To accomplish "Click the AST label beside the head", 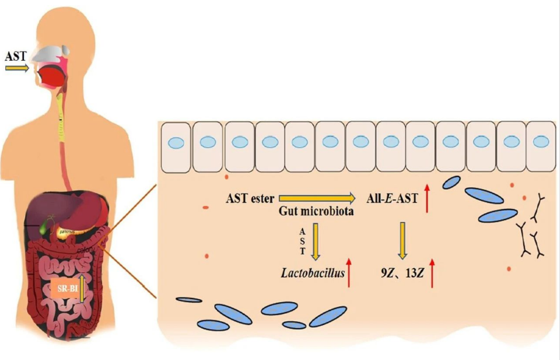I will tap(16, 56).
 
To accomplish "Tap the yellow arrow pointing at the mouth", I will tap(17, 68).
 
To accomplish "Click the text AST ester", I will tap(250, 198).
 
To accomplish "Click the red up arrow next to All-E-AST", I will tap(427, 198).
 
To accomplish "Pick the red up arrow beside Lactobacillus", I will tap(349, 272).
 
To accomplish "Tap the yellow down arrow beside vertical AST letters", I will tap(317, 241).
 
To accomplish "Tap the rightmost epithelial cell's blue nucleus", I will tap(541, 142).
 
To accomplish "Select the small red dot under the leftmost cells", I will tap(226, 175).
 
